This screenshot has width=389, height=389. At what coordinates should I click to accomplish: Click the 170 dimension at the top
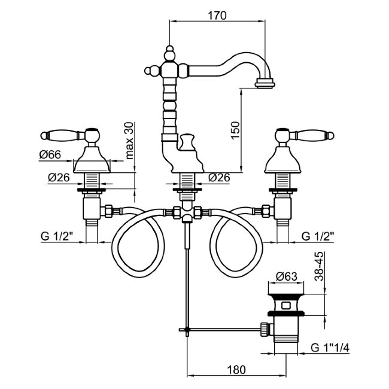click(217, 16)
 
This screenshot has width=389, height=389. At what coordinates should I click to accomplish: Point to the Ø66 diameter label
click(51, 156)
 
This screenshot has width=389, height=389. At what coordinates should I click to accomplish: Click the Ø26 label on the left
click(59, 178)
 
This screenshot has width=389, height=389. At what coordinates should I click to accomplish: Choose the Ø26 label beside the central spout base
click(221, 178)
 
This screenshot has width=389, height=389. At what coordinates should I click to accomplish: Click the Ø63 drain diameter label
click(287, 276)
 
